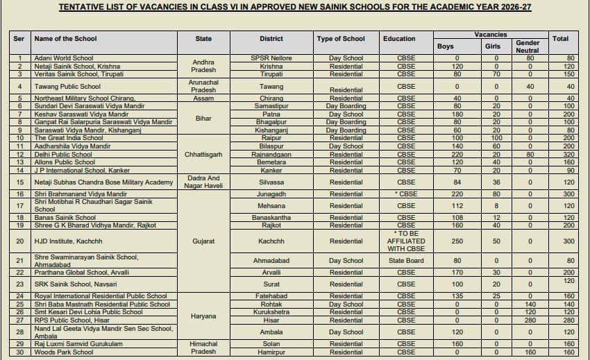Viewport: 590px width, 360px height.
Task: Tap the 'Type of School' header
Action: (340, 39)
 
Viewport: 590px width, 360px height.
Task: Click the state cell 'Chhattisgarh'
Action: (203, 155)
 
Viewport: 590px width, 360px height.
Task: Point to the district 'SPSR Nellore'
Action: (271, 58)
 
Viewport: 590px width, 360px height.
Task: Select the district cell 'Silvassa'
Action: (271, 182)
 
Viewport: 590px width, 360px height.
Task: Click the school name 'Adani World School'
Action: (64, 58)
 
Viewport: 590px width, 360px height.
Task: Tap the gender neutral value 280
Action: (530, 320)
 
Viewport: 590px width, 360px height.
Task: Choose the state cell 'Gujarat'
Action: (203, 241)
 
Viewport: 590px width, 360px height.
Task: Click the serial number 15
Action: (20, 182)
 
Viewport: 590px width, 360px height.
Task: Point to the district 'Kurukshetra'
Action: (271, 313)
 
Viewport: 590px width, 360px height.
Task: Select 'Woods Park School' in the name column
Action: (64, 352)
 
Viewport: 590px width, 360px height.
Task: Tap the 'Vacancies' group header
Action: (491, 34)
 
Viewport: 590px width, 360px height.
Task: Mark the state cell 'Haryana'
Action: (203, 316)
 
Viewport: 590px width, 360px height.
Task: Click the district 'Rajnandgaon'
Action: (271, 155)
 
